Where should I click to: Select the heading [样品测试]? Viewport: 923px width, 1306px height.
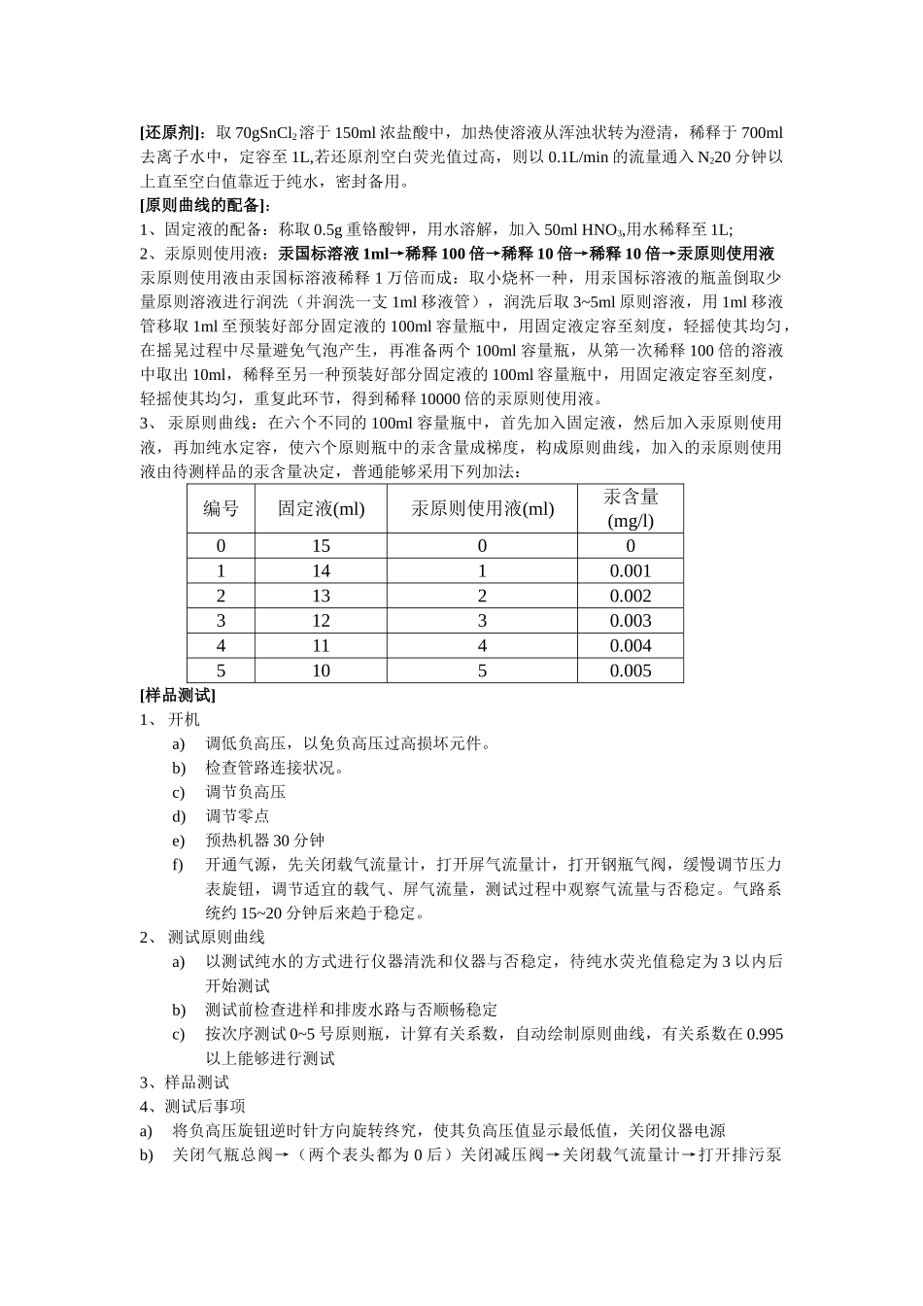[x=178, y=695]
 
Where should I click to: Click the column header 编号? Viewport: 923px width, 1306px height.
[x=221, y=508]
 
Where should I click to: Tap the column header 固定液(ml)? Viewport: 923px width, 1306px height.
[x=321, y=508]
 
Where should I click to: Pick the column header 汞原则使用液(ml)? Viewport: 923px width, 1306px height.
[x=482, y=508]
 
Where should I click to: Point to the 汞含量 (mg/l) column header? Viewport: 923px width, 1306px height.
[x=631, y=508]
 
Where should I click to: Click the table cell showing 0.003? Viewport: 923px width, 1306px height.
[x=631, y=621]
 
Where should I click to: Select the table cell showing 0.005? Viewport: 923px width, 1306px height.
[x=631, y=670]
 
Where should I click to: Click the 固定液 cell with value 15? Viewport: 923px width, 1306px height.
[x=321, y=546]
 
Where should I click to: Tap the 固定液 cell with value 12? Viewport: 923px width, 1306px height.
[x=321, y=621]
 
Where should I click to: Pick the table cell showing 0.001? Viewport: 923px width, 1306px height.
[x=631, y=571]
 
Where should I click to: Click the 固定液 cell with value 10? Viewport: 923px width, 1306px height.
[x=321, y=670]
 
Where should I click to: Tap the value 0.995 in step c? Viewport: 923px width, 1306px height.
[x=765, y=1034]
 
